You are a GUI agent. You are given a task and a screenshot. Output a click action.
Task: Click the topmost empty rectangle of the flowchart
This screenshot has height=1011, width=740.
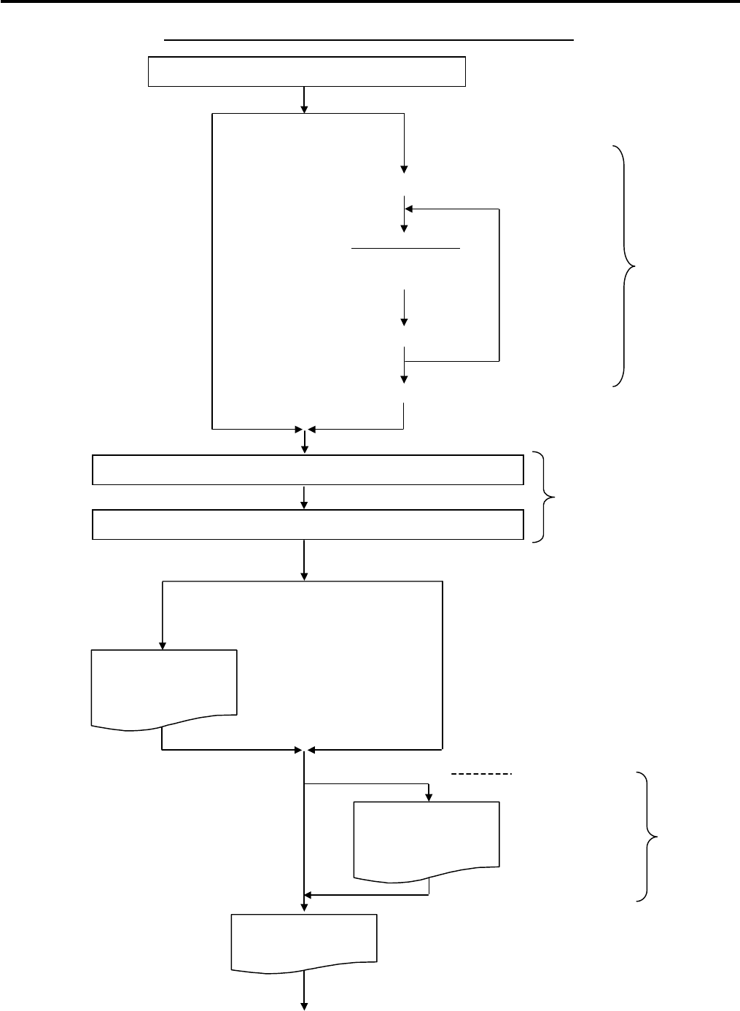[306, 71]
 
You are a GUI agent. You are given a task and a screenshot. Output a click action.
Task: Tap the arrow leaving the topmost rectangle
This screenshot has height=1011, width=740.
[304, 100]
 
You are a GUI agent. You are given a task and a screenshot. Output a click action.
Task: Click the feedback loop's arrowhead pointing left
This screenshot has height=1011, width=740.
[409, 209]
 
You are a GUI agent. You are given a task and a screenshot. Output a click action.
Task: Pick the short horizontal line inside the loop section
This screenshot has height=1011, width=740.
[405, 248]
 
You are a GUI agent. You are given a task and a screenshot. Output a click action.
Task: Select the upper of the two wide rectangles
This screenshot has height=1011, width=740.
[308, 470]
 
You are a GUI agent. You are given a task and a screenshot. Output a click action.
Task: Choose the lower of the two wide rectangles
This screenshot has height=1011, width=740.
[308, 524]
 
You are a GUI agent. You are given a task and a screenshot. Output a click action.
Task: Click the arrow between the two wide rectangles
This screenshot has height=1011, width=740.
[304, 497]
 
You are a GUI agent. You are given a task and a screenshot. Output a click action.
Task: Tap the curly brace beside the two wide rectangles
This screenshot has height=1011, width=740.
[546, 497]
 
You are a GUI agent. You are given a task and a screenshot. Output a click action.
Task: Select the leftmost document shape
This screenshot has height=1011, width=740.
[164, 686]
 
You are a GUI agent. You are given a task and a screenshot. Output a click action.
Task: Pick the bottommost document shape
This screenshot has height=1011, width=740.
[304, 942]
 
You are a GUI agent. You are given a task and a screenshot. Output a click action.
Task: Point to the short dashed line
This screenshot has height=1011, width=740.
[482, 772]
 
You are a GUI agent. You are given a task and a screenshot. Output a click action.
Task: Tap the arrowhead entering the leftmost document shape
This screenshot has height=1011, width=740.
[163, 645]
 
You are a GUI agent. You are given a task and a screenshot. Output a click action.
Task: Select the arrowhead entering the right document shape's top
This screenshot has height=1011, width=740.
[429, 797]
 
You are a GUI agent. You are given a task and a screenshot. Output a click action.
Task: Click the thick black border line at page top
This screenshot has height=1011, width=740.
[370, 2]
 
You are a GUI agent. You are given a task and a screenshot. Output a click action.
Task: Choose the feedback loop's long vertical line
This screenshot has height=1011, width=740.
[499, 284]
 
